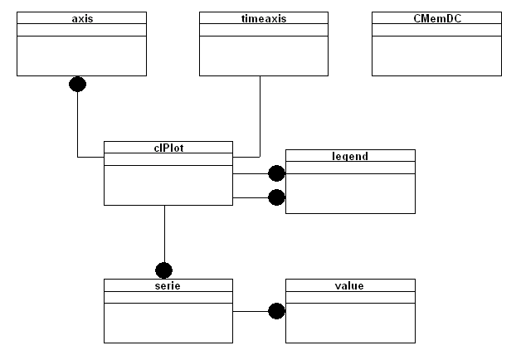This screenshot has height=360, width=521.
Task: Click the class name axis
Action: [x=82, y=18]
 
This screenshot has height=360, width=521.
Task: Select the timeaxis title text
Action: [x=264, y=18]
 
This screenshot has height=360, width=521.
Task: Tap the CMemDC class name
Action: [x=437, y=18]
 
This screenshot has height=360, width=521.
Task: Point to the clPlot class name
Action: [x=168, y=148]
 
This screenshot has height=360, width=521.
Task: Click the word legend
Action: [x=350, y=156]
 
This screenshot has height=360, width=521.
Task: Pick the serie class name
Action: [x=168, y=285]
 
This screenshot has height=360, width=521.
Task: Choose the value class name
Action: [x=349, y=285]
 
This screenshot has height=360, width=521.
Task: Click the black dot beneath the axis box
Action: [x=77, y=84]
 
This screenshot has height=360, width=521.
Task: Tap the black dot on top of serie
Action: [x=163, y=270]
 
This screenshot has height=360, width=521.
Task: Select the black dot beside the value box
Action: [x=276, y=311]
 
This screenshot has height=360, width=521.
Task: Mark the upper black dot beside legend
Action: [x=276, y=173]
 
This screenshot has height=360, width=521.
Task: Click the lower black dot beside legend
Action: [x=276, y=197]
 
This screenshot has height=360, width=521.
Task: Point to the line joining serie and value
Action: [x=251, y=312]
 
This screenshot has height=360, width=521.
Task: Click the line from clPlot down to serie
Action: [x=164, y=234]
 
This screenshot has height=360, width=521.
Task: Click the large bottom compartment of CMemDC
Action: [x=436, y=56]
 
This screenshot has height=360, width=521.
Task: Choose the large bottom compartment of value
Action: [x=350, y=323]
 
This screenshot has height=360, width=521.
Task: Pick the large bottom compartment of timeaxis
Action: [x=264, y=56]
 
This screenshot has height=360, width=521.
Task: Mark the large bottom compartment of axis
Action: [x=82, y=56]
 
